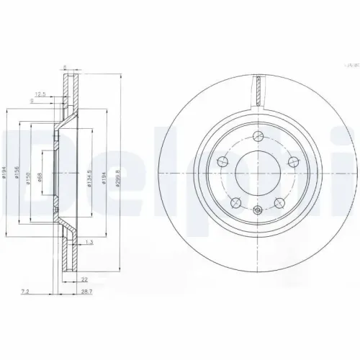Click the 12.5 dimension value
coord(41,93)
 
